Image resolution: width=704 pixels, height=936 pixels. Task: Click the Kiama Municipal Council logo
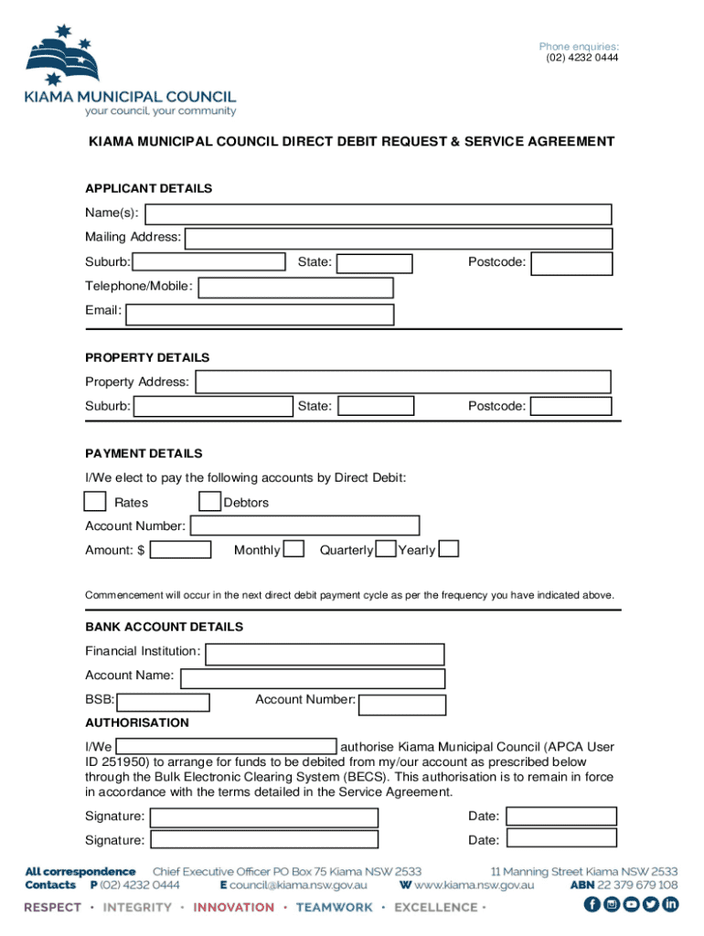coord(131,71)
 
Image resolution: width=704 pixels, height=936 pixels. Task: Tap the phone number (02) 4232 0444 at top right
coord(579,58)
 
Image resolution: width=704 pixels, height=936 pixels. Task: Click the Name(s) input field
coord(379,214)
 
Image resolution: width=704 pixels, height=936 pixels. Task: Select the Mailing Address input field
coord(399,239)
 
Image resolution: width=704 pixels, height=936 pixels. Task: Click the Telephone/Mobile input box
coord(295,288)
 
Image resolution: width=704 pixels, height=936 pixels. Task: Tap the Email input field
coord(261,314)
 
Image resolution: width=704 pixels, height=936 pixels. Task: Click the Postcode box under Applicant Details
coord(571,263)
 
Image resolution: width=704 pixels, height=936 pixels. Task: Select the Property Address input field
coord(403,382)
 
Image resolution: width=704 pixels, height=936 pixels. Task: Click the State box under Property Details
coord(375,406)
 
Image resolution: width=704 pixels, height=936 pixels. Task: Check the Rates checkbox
coord(94,502)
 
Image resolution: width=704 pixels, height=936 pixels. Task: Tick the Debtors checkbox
coord(210,502)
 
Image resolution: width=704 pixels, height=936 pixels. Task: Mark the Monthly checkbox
coord(293,549)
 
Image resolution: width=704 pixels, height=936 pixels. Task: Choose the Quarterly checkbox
coord(386,549)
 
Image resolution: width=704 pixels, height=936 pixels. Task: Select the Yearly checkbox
coord(449,549)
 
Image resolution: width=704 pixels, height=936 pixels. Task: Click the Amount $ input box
coord(181,550)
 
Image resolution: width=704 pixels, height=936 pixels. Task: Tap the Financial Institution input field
coord(325,654)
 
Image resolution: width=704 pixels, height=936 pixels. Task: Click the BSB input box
coord(164,703)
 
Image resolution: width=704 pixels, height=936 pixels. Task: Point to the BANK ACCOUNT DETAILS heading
coord(164,627)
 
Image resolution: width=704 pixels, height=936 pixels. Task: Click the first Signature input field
coord(264,817)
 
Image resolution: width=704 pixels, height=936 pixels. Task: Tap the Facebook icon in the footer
coord(592,905)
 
